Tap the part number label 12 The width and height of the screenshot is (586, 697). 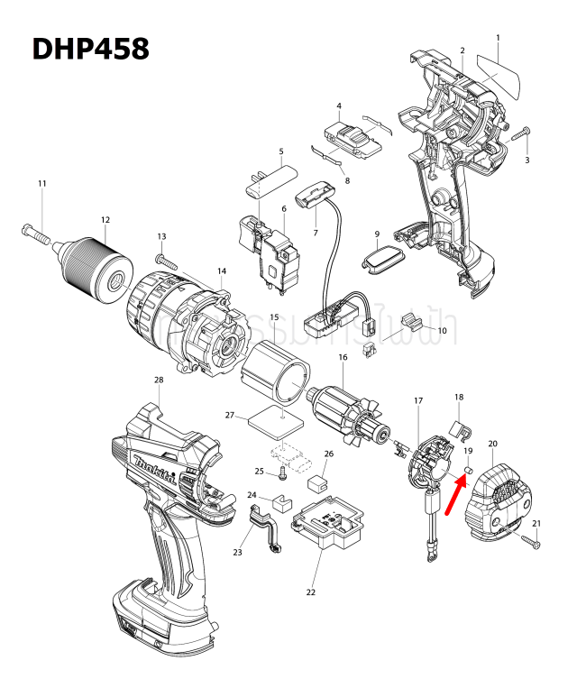point(105,219)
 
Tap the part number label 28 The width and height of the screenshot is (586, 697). point(159,380)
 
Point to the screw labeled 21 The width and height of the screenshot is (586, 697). point(531,541)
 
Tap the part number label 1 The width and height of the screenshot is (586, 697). point(498,37)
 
